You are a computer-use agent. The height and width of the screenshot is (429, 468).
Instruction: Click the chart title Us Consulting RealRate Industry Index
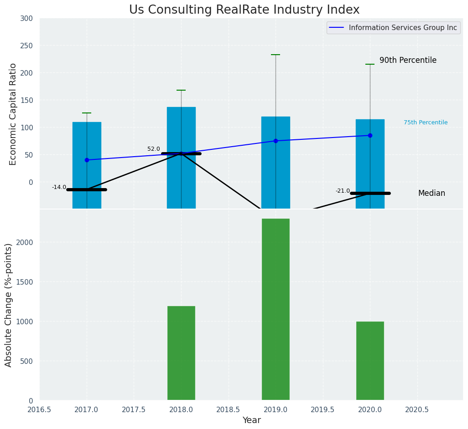244,10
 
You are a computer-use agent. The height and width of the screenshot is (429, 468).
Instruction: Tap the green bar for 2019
276,310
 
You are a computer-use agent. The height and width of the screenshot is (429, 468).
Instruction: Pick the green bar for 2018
181,353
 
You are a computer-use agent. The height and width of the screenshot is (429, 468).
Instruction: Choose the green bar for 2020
370,361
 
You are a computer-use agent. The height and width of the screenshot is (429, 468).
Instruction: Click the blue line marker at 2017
87,160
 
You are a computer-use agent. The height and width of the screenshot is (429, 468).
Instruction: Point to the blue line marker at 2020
370,135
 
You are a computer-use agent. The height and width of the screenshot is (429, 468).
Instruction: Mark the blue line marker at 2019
276,141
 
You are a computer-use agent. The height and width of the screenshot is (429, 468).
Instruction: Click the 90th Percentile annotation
408,60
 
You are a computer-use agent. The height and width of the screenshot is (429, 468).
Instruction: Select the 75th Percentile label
425,123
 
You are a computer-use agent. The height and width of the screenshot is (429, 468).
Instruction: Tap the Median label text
432,193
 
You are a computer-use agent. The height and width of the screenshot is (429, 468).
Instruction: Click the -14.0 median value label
59,187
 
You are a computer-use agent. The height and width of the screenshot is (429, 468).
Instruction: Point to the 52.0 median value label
154,149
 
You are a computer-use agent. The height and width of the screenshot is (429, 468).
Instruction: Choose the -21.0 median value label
343,191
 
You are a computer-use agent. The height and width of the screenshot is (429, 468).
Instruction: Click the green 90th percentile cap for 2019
276,55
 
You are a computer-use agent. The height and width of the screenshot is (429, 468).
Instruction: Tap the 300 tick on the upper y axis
26,18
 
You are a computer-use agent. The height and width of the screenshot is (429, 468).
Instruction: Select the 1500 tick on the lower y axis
23,282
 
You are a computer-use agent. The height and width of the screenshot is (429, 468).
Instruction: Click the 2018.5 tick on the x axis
228,410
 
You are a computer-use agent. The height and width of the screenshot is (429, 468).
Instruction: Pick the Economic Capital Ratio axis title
13,114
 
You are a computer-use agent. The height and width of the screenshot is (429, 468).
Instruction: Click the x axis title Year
251,420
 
